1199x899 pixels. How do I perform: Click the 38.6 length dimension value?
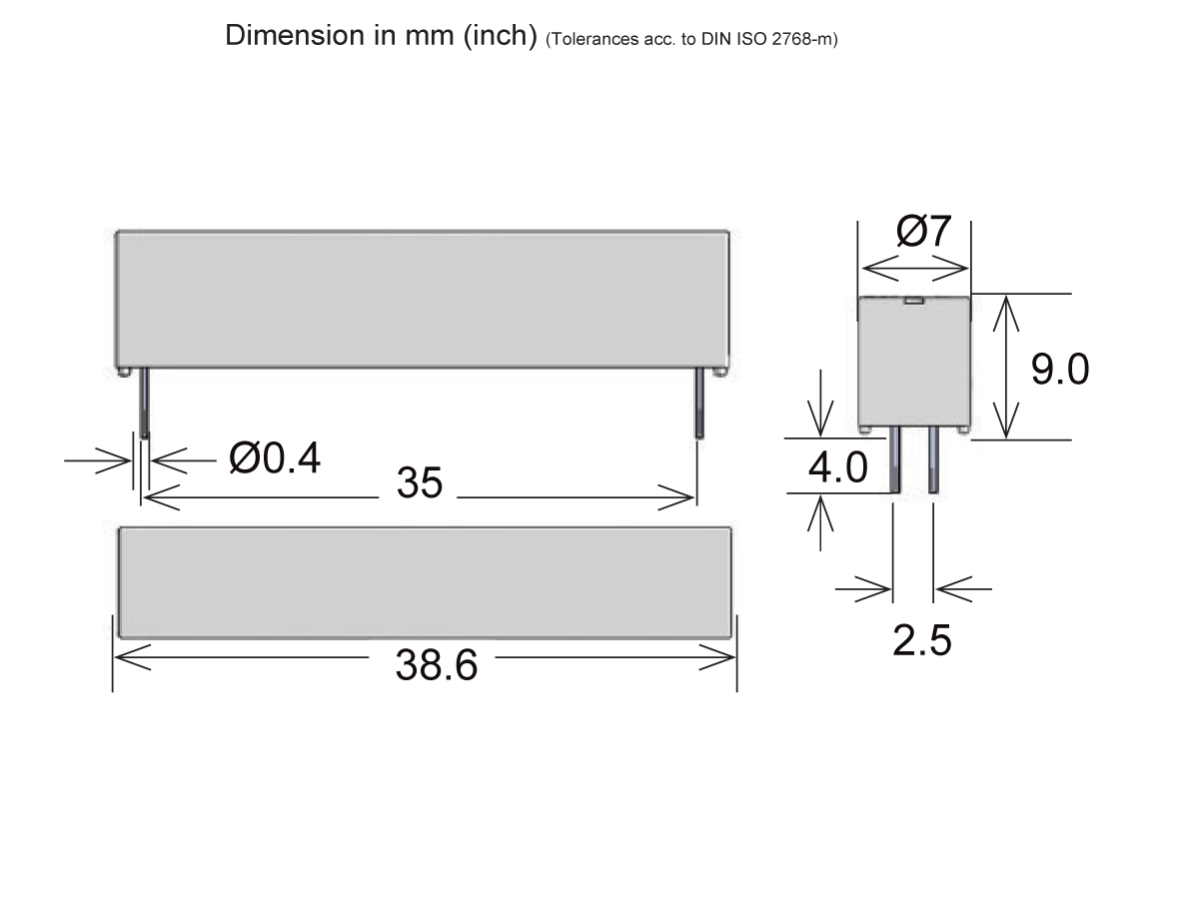437,664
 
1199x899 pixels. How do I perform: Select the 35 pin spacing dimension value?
420,483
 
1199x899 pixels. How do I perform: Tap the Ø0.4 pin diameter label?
275,458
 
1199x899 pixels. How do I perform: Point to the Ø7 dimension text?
924,232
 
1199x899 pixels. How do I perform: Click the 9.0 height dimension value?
1060,370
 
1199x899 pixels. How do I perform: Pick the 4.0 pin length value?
837,467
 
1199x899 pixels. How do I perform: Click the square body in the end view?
915,365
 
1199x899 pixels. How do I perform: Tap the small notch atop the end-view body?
914,299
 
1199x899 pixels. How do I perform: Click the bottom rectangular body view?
425,581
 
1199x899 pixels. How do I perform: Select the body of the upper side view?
423,300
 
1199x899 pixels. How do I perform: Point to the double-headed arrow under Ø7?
915,268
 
